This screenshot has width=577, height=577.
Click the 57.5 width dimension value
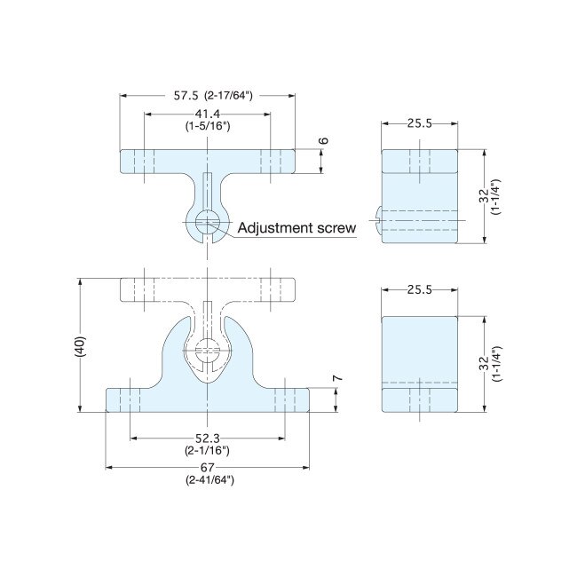click(x=186, y=95)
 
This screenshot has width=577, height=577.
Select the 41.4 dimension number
click(x=208, y=115)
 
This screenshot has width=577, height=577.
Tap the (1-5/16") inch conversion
click(x=208, y=127)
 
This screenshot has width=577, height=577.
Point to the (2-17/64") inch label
click(x=230, y=95)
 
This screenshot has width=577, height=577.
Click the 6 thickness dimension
click(x=324, y=142)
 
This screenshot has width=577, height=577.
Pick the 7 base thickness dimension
click(x=336, y=379)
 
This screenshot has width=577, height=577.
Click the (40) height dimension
click(x=79, y=345)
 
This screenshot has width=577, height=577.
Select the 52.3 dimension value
click(x=207, y=438)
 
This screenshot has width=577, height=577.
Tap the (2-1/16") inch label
click(x=207, y=450)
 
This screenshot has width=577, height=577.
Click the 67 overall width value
click(x=208, y=468)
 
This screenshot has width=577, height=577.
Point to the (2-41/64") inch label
click(x=208, y=480)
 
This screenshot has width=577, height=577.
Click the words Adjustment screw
click(x=297, y=228)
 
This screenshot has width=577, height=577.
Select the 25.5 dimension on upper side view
click(x=420, y=123)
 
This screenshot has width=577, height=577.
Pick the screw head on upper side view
click(x=378, y=218)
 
